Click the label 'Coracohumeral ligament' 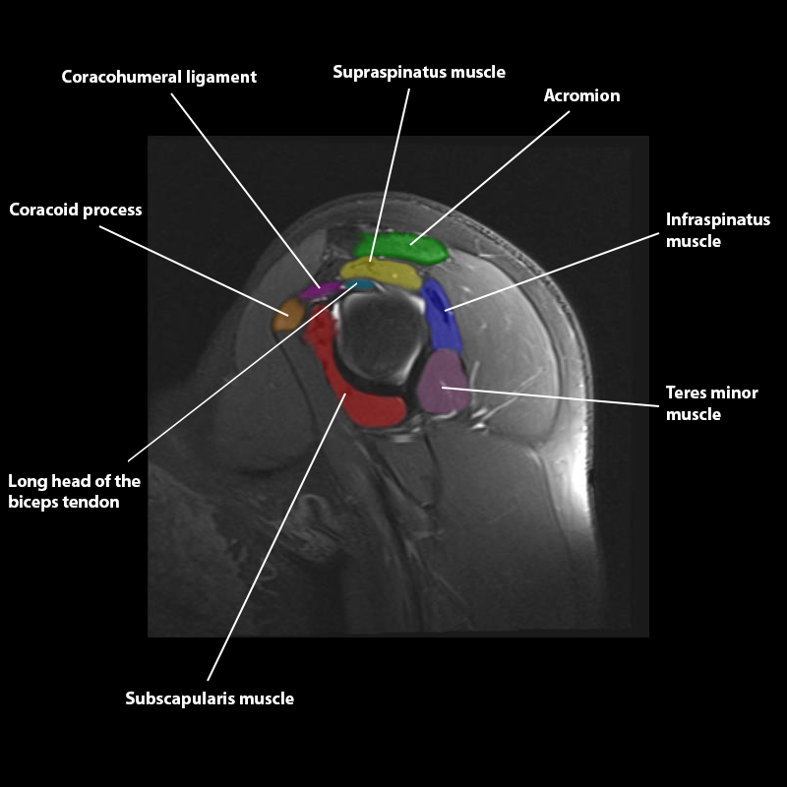tap(158, 77)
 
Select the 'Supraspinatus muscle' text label tap(418, 72)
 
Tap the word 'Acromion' tap(581, 95)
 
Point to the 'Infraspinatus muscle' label tap(717, 230)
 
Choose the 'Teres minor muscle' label tap(711, 403)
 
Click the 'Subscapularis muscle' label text tap(210, 698)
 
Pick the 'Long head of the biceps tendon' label tap(74, 492)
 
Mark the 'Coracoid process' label tap(76, 210)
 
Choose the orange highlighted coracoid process tap(287, 315)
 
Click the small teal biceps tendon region tap(363, 284)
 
